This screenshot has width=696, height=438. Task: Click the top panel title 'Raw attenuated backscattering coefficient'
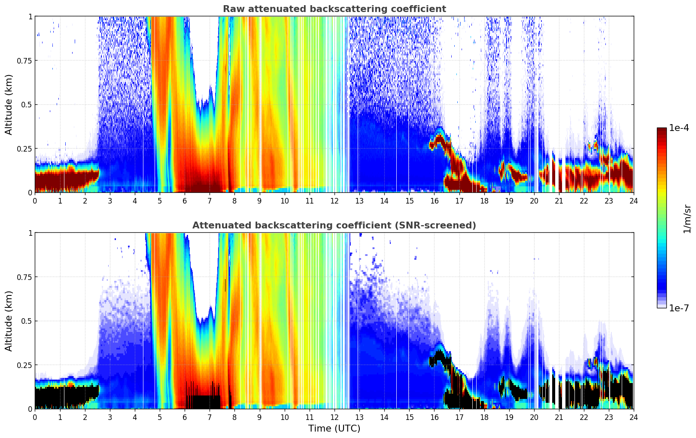coord(334,9)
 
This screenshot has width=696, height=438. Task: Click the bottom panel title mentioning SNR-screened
coord(334,225)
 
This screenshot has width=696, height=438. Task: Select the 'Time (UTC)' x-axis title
coord(334,429)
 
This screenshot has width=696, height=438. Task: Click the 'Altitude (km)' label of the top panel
coord(9,104)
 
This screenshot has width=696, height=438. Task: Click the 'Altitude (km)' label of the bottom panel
coord(9,321)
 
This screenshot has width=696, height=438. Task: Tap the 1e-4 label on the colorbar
coord(679,128)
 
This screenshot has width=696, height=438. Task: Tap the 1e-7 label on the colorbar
coord(679,308)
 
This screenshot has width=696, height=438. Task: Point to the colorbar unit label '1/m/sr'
coord(687,219)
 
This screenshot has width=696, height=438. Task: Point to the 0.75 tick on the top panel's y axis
coord(24,61)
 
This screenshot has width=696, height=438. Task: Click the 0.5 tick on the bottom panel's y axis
coord(27,321)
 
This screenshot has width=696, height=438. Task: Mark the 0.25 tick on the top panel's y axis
coord(24,149)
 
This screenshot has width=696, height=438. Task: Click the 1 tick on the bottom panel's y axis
coord(30,233)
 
